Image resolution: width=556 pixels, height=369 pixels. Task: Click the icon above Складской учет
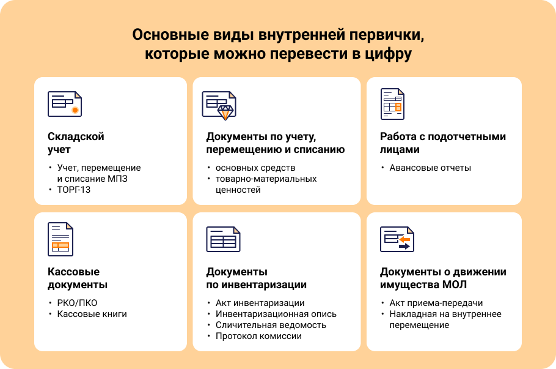64,103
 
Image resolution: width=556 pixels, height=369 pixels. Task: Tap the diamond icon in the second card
225,111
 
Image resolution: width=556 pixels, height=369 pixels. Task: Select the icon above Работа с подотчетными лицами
391,103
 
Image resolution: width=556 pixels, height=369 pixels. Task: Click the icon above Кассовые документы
60,239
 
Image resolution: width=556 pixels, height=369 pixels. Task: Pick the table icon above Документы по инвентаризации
222,239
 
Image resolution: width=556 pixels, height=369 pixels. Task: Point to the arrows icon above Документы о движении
397,239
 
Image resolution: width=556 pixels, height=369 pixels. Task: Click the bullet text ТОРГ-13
74,190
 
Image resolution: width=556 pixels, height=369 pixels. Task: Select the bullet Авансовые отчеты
430,168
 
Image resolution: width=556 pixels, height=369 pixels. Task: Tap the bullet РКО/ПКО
77,303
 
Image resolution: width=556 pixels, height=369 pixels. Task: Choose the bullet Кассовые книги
92,314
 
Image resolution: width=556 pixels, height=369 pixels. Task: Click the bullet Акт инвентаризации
260,303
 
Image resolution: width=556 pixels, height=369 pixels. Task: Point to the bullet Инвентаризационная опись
276,314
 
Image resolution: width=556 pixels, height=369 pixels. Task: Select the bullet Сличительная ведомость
271,325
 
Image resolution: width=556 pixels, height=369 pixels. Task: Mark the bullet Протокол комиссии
258,336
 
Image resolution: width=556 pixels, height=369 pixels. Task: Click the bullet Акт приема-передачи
436,303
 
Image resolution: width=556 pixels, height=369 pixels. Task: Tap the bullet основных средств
255,168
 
